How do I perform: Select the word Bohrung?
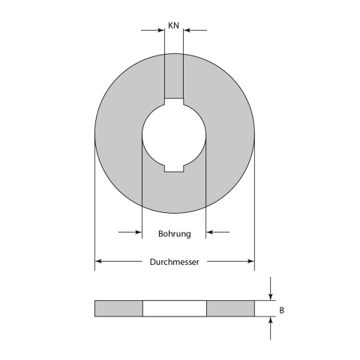pyautogui.click(x=174, y=233)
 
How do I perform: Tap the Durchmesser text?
pyautogui.click(x=174, y=262)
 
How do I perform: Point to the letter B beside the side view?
pyautogui.click(x=281, y=308)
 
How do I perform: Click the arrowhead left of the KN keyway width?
pyautogui.click(x=160, y=31)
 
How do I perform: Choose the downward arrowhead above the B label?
pyautogui.click(x=271, y=296)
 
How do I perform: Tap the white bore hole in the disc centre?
pyautogui.click(x=174, y=135)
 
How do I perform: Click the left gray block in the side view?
pyautogui.click(x=118, y=308)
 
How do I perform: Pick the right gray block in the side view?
pyautogui.click(x=230, y=308)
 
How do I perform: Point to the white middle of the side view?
pyautogui.click(x=174, y=308)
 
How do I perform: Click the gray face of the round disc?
pyautogui.click(x=120, y=135)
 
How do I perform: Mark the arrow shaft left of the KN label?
pyautogui.click(x=150, y=31)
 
